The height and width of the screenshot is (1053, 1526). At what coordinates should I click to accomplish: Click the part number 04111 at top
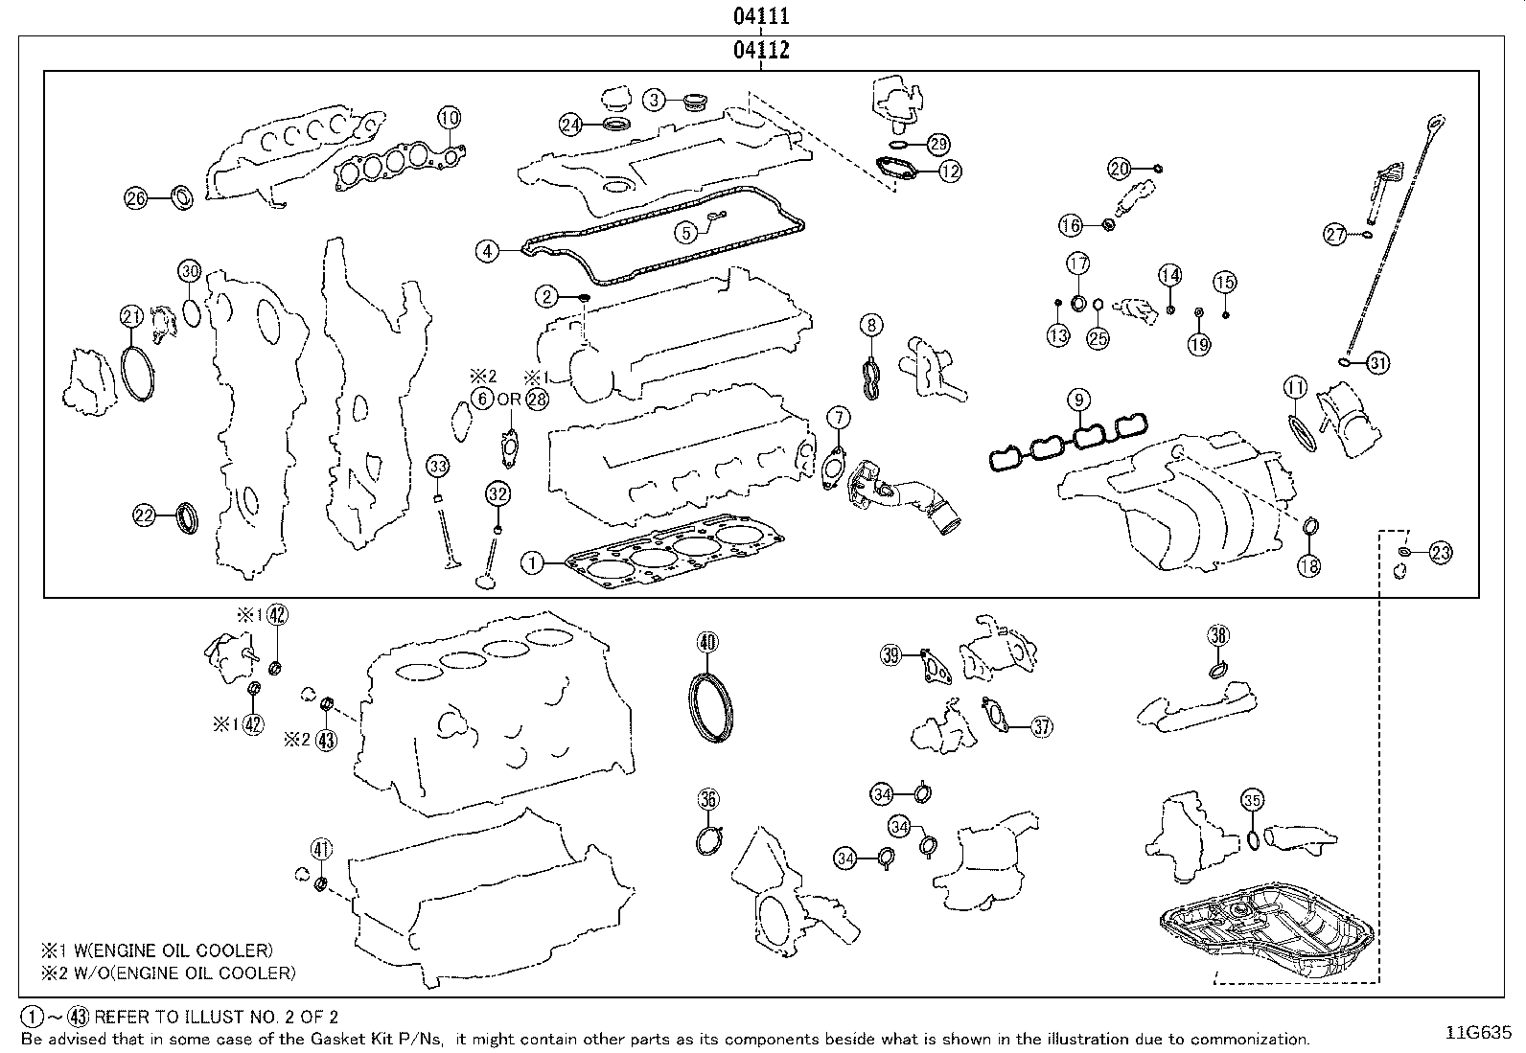[x=762, y=16]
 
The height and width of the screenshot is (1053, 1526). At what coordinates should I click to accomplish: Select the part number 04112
[x=762, y=50]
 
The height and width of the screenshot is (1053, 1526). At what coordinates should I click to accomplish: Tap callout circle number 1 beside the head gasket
[x=533, y=563]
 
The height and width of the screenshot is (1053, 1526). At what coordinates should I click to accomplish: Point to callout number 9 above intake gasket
[x=1078, y=398]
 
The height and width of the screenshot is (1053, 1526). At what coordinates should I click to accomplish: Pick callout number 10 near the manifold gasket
[x=450, y=118]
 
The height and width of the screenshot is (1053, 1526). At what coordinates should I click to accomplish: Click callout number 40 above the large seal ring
[x=706, y=642]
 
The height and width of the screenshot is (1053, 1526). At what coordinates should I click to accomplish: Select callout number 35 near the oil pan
[x=1252, y=800]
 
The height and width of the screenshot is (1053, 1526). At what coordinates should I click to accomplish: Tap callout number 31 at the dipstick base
[x=1377, y=363]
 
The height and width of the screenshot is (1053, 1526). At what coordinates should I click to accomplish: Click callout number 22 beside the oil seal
[x=144, y=515]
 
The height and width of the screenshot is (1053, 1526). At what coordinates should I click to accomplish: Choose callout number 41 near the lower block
[x=321, y=848]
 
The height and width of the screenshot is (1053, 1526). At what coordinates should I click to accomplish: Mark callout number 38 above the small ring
[x=1217, y=635]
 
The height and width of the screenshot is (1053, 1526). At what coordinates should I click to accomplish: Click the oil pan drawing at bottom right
[x=1269, y=926]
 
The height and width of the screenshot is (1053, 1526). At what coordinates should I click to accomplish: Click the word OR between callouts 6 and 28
[x=509, y=399]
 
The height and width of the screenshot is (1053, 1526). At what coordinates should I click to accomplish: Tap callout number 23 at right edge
[x=1441, y=552]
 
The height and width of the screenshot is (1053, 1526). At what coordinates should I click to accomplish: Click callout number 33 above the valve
[x=438, y=467]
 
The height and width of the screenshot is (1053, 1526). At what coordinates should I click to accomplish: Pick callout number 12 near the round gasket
[x=950, y=172]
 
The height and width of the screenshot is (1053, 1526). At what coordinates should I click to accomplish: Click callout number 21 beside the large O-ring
[x=131, y=315]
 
